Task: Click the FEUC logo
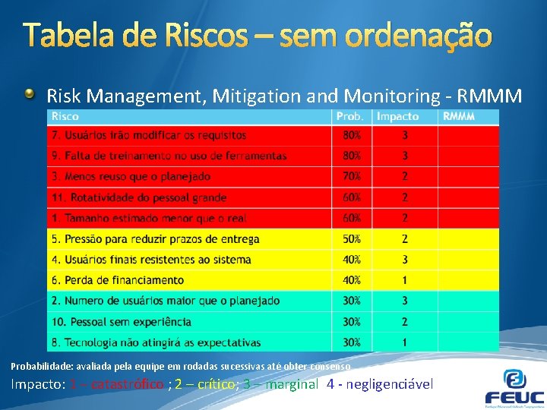[x=514, y=387]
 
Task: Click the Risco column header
[x=65, y=117]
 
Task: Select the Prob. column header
[x=350, y=117]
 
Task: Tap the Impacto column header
[x=397, y=117]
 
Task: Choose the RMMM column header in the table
[x=459, y=117]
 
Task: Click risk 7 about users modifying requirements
[x=149, y=136]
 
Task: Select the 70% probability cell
[x=352, y=177]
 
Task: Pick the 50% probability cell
[x=352, y=239]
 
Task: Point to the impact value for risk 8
[x=405, y=342]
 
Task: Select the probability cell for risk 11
[x=352, y=197]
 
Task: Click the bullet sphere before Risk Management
[x=29, y=94]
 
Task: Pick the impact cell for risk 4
[x=405, y=260]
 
